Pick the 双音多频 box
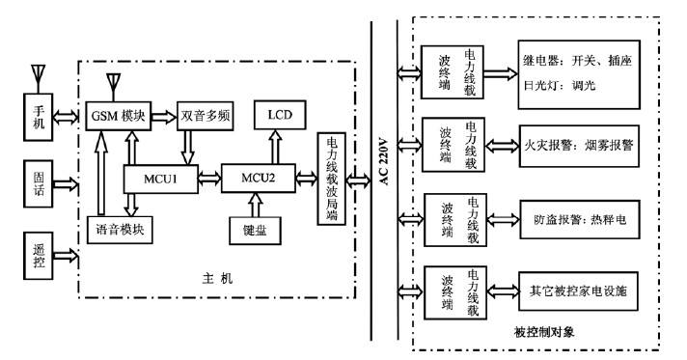205,116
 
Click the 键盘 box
255,232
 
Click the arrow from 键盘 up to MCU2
256,205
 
